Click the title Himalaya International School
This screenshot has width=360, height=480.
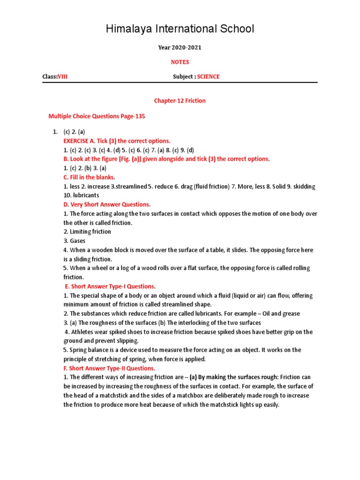[180, 29]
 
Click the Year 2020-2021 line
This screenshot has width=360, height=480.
[180, 48]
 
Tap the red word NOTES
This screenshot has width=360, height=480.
[180, 62]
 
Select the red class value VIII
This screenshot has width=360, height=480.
[62, 76]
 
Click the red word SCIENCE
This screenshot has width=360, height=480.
[208, 76]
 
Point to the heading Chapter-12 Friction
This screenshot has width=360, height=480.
[180, 101]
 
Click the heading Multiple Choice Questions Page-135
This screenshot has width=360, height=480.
[97, 116]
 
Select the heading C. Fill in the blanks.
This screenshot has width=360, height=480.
[89, 177]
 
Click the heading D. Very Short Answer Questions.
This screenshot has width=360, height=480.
[107, 204]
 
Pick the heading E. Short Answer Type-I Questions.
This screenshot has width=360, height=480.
[110, 286]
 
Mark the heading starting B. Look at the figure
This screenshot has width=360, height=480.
[166, 159]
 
